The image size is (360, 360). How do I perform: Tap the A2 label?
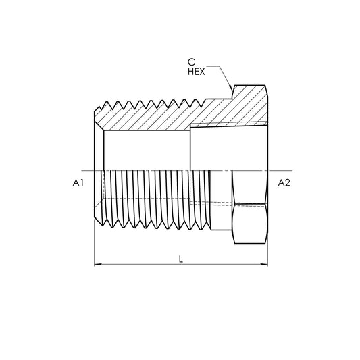(x=284, y=184)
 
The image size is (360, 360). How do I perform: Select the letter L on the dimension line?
(x=180, y=259)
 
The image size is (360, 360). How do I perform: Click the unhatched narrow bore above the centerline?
(x=145, y=149)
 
